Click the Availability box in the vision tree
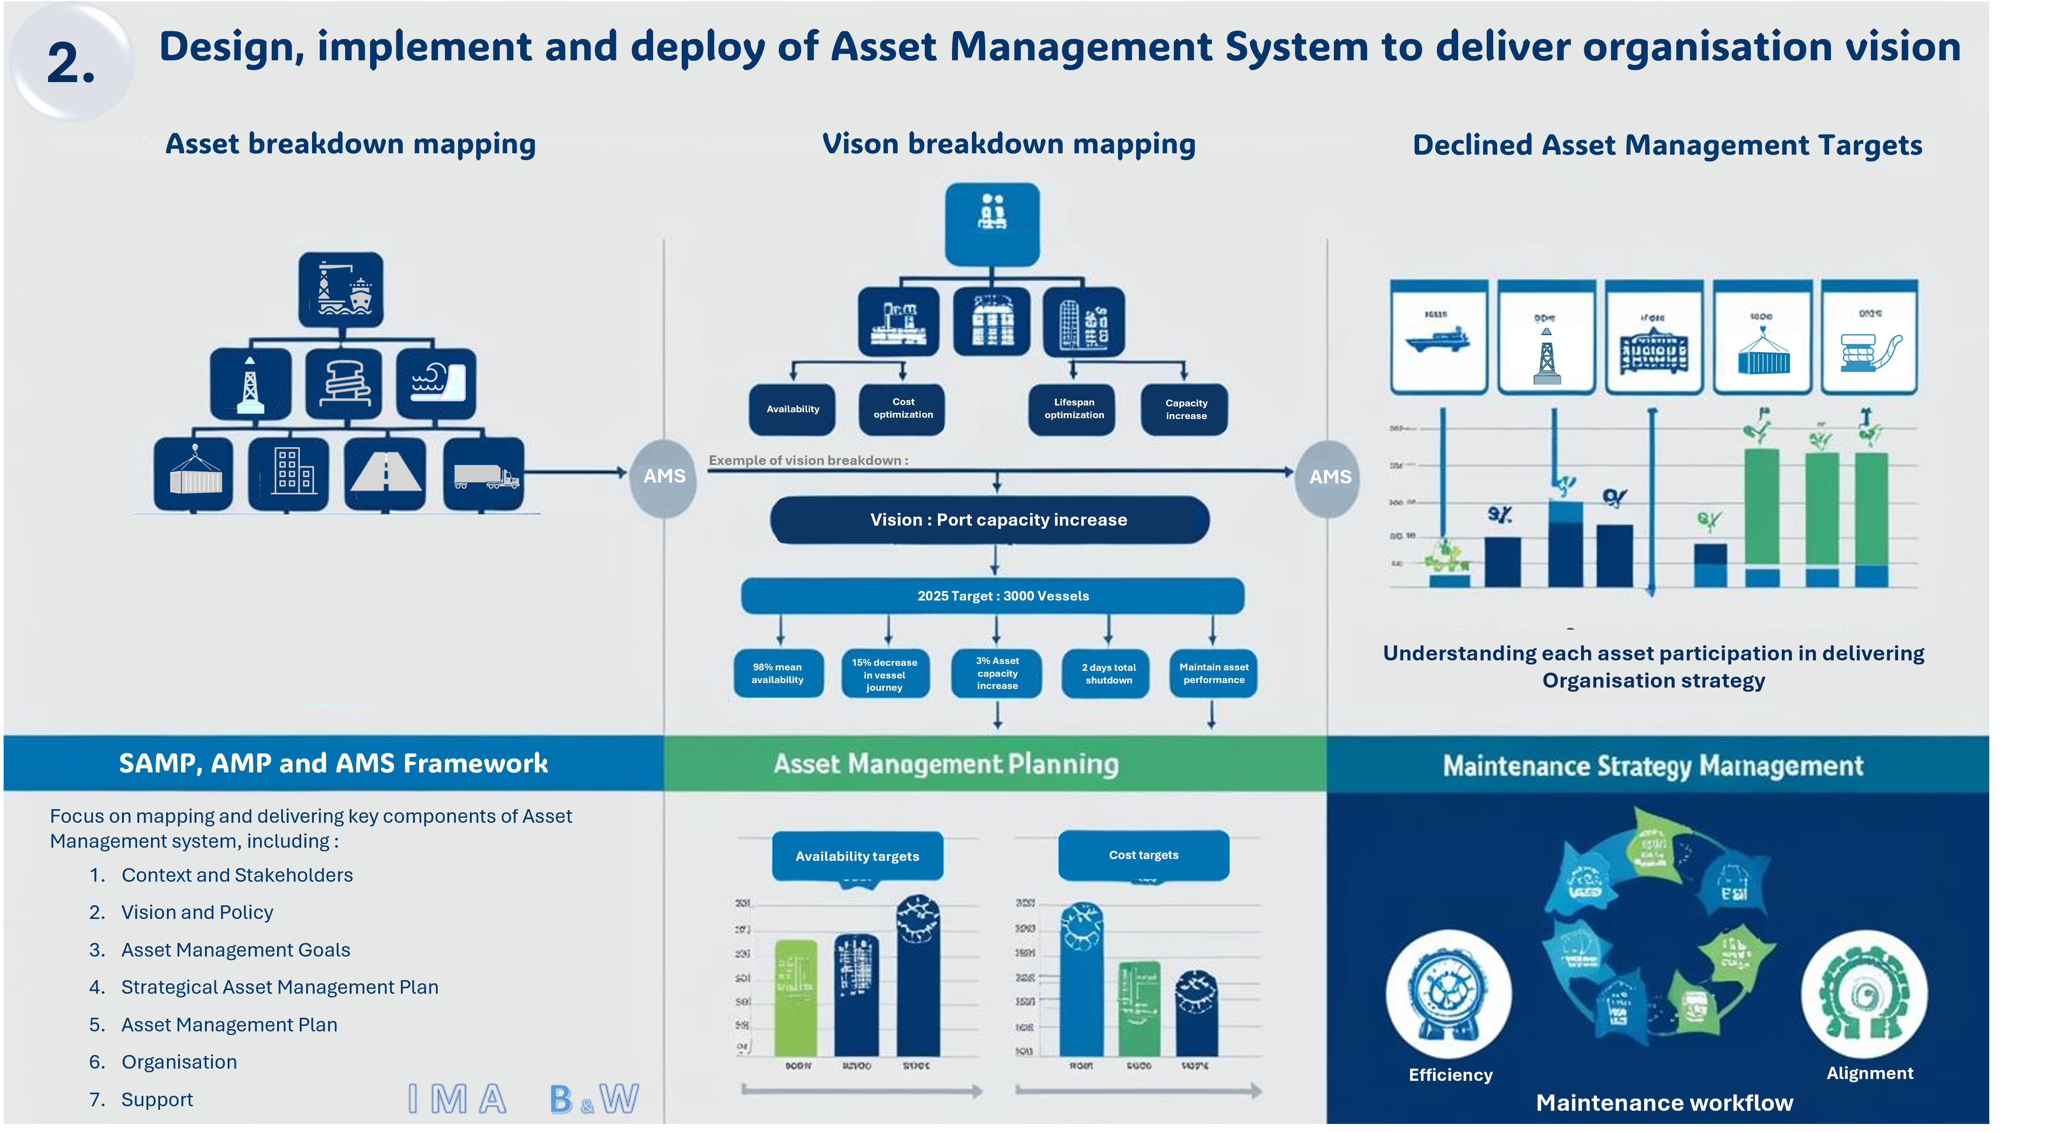(x=792, y=409)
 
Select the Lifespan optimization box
(x=1074, y=409)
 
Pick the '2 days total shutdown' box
(x=1108, y=674)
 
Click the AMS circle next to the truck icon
(x=664, y=476)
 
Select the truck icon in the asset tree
(x=484, y=475)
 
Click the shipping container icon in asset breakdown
(x=194, y=473)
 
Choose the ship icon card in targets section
(x=1438, y=337)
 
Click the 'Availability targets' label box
(x=857, y=855)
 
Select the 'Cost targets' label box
(x=1143, y=855)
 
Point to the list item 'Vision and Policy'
(x=197, y=913)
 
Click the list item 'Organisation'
(x=179, y=1062)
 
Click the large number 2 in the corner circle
(x=71, y=63)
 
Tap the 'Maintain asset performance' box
(x=1213, y=674)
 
